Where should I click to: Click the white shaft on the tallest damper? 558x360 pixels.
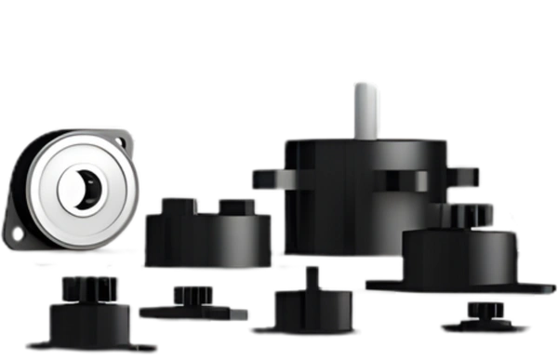363,108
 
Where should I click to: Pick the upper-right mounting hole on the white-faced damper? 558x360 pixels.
126,144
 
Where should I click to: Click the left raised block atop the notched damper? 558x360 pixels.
173,203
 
